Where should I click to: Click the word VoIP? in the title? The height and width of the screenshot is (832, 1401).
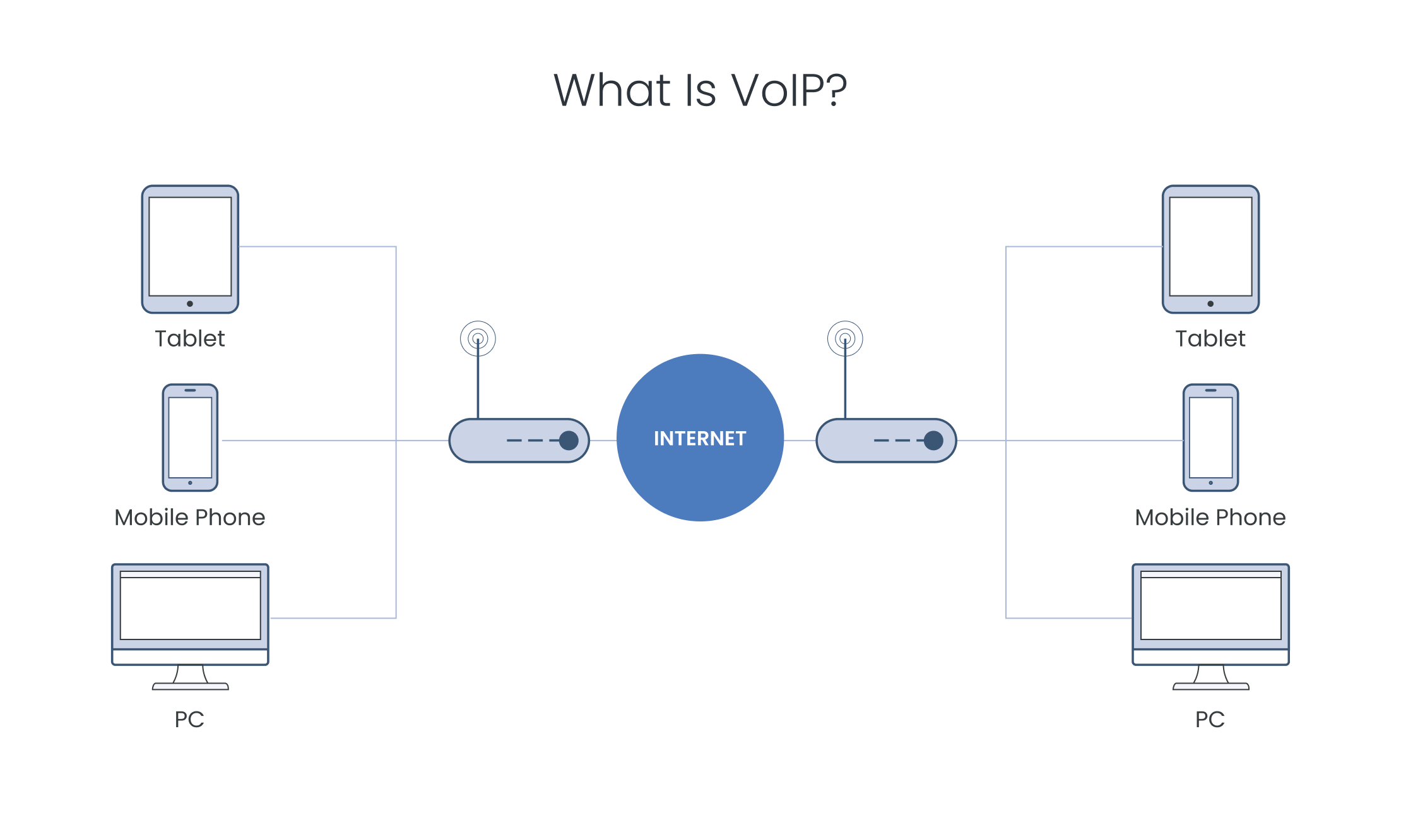pyautogui.click(x=789, y=90)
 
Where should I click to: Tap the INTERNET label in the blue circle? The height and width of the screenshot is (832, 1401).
pyautogui.click(x=700, y=438)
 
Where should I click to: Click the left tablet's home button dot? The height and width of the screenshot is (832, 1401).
pyautogui.click(x=190, y=304)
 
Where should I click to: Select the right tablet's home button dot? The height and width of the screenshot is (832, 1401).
pyautogui.click(x=1210, y=304)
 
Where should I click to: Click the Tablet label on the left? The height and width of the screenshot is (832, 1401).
pyautogui.click(x=190, y=339)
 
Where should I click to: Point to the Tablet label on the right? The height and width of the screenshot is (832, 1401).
pyautogui.click(x=1210, y=339)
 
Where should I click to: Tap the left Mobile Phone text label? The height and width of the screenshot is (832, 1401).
pyautogui.click(x=190, y=518)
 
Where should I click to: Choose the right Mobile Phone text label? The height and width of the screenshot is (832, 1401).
pyautogui.click(x=1210, y=518)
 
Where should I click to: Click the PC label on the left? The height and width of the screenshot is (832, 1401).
pyautogui.click(x=189, y=720)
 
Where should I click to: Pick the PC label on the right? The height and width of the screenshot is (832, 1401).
pyautogui.click(x=1210, y=720)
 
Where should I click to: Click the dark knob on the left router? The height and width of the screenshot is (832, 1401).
pyautogui.click(x=569, y=441)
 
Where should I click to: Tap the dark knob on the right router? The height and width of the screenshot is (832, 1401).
pyautogui.click(x=933, y=441)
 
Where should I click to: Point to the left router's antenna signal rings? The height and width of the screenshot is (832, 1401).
pyautogui.click(x=478, y=338)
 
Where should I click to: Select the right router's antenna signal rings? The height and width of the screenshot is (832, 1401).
pyautogui.click(x=845, y=338)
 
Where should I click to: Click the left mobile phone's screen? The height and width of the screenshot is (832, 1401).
pyautogui.click(x=190, y=437)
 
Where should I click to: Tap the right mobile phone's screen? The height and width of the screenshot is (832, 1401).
pyautogui.click(x=1210, y=437)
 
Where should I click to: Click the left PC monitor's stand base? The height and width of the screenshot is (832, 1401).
pyautogui.click(x=190, y=686)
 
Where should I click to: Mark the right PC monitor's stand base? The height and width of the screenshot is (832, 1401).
pyautogui.click(x=1210, y=686)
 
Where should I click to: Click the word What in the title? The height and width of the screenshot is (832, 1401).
pyautogui.click(x=612, y=90)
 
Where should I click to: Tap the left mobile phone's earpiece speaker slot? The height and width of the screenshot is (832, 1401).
pyautogui.click(x=190, y=390)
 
